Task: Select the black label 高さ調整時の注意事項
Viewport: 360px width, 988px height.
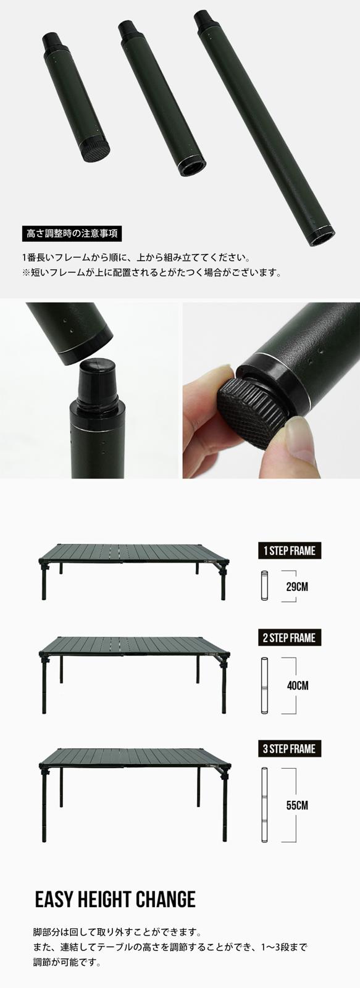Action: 71,233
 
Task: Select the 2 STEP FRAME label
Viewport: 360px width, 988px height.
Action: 289,637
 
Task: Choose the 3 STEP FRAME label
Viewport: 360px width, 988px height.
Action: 289,749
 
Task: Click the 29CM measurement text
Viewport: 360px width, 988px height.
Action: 297,586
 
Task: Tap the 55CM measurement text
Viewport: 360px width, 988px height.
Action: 297,805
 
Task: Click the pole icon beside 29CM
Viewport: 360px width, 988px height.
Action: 264,586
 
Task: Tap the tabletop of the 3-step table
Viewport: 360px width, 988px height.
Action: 133,756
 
